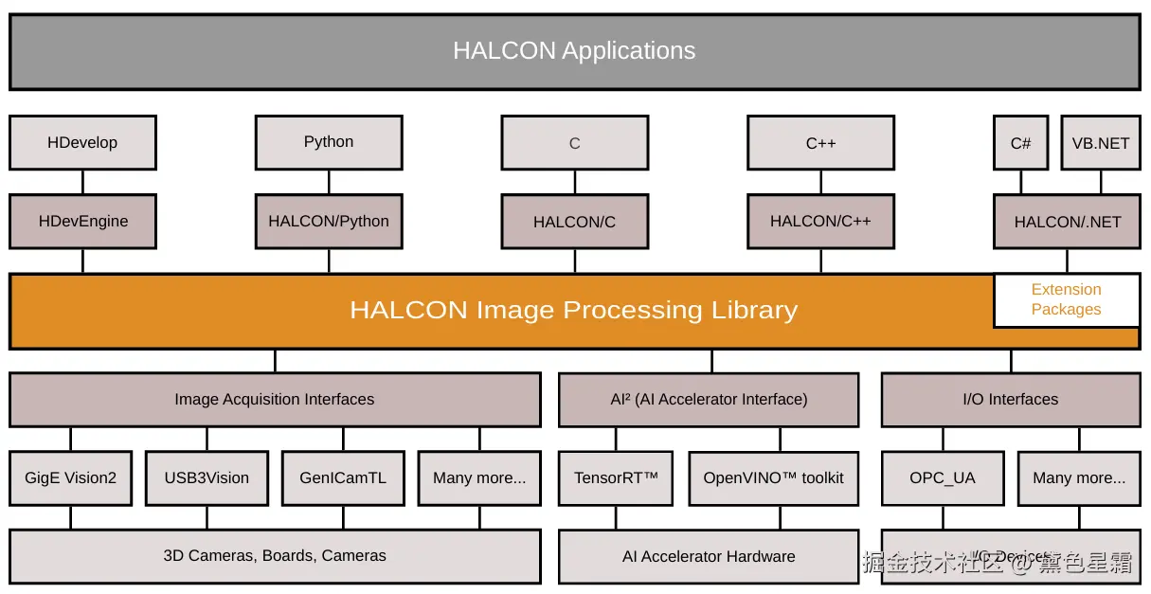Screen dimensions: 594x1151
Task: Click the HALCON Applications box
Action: coord(574,51)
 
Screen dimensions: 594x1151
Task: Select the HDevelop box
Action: coord(82,143)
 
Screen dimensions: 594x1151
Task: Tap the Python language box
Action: coord(329,142)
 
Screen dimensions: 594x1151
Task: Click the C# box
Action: coord(1020,143)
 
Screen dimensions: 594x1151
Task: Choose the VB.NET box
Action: coord(1100,143)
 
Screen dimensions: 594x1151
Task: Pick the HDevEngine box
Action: coord(82,222)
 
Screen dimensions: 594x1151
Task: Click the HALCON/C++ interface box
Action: coord(820,222)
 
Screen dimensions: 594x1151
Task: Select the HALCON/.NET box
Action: coord(1067,222)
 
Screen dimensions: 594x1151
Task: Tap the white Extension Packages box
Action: coord(1066,299)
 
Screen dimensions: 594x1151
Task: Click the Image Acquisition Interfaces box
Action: coord(275,400)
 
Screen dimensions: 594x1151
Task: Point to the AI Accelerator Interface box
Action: coord(709,400)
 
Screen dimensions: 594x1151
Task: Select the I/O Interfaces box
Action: coord(1010,400)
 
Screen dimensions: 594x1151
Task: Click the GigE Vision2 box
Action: coord(70,478)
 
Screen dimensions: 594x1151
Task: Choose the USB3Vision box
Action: coord(207,478)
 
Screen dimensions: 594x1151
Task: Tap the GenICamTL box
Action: coord(343,478)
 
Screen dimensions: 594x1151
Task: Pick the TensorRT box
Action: coord(616,478)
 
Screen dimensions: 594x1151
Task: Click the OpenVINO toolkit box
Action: coord(773,478)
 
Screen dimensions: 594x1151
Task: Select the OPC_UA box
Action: coord(943,478)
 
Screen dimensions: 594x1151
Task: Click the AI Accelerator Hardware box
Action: coord(709,557)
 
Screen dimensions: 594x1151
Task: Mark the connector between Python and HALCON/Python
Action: coord(329,182)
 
